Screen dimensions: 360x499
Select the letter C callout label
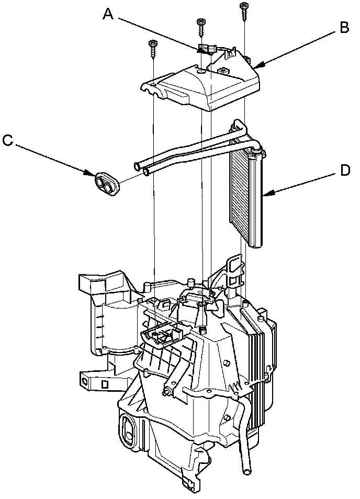[x=7, y=140]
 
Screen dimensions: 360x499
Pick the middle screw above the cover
[x=201, y=27]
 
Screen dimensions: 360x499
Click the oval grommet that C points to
[x=106, y=184]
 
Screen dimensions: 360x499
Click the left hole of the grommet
[x=100, y=182]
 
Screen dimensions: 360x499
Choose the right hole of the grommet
[x=110, y=186]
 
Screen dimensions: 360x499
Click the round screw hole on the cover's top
[x=201, y=71]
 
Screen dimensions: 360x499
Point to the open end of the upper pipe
[x=137, y=167]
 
